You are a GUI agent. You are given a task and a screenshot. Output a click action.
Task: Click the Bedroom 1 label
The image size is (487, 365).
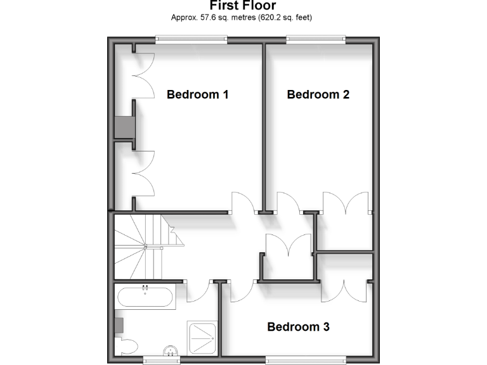coord(197,94)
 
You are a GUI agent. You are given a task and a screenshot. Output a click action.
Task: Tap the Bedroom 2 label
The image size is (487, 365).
coord(318,94)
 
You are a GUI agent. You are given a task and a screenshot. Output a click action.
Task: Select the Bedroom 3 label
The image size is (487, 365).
coord(298,327)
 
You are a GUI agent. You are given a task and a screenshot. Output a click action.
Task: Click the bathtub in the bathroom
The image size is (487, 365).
coord(146,297)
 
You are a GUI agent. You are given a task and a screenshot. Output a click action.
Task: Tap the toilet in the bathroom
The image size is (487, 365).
coord(127,346)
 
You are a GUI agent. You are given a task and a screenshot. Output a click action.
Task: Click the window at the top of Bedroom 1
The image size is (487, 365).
coord(192,39)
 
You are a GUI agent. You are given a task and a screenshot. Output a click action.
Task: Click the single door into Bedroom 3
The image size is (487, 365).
coord(243,291)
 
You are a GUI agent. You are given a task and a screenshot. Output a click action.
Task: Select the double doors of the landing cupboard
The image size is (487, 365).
coord(289,244)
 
